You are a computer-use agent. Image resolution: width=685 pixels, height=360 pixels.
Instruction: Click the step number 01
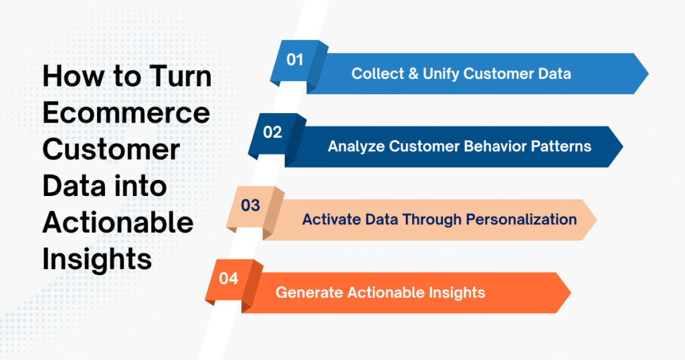click(x=295, y=60)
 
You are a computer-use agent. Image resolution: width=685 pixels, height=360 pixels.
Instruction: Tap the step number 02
click(x=272, y=132)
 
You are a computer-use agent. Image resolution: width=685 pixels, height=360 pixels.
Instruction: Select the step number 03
click(x=250, y=205)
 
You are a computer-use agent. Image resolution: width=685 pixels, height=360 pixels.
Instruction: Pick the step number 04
click(x=228, y=278)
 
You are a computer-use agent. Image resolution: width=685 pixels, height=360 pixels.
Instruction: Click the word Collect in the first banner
click(x=375, y=74)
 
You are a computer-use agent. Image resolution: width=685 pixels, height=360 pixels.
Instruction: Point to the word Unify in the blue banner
click(x=440, y=74)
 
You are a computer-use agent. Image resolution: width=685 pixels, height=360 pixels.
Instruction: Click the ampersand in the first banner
click(x=411, y=74)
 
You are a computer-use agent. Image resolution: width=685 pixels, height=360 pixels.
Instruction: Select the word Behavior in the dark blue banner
click(x=484, y=147)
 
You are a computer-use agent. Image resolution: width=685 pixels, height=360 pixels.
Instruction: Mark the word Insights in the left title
click(x=97, y=260)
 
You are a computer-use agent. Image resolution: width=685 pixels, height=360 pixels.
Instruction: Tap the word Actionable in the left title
click(x=118, y=223)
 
